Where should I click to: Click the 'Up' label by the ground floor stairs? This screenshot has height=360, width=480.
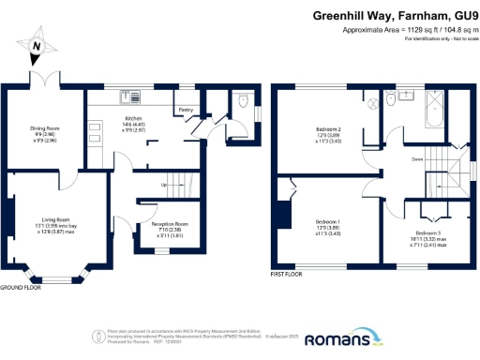point(166,184)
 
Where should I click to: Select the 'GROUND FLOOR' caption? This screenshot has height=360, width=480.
point(20,288)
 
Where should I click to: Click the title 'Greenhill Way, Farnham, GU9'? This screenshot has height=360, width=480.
point(395,16)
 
